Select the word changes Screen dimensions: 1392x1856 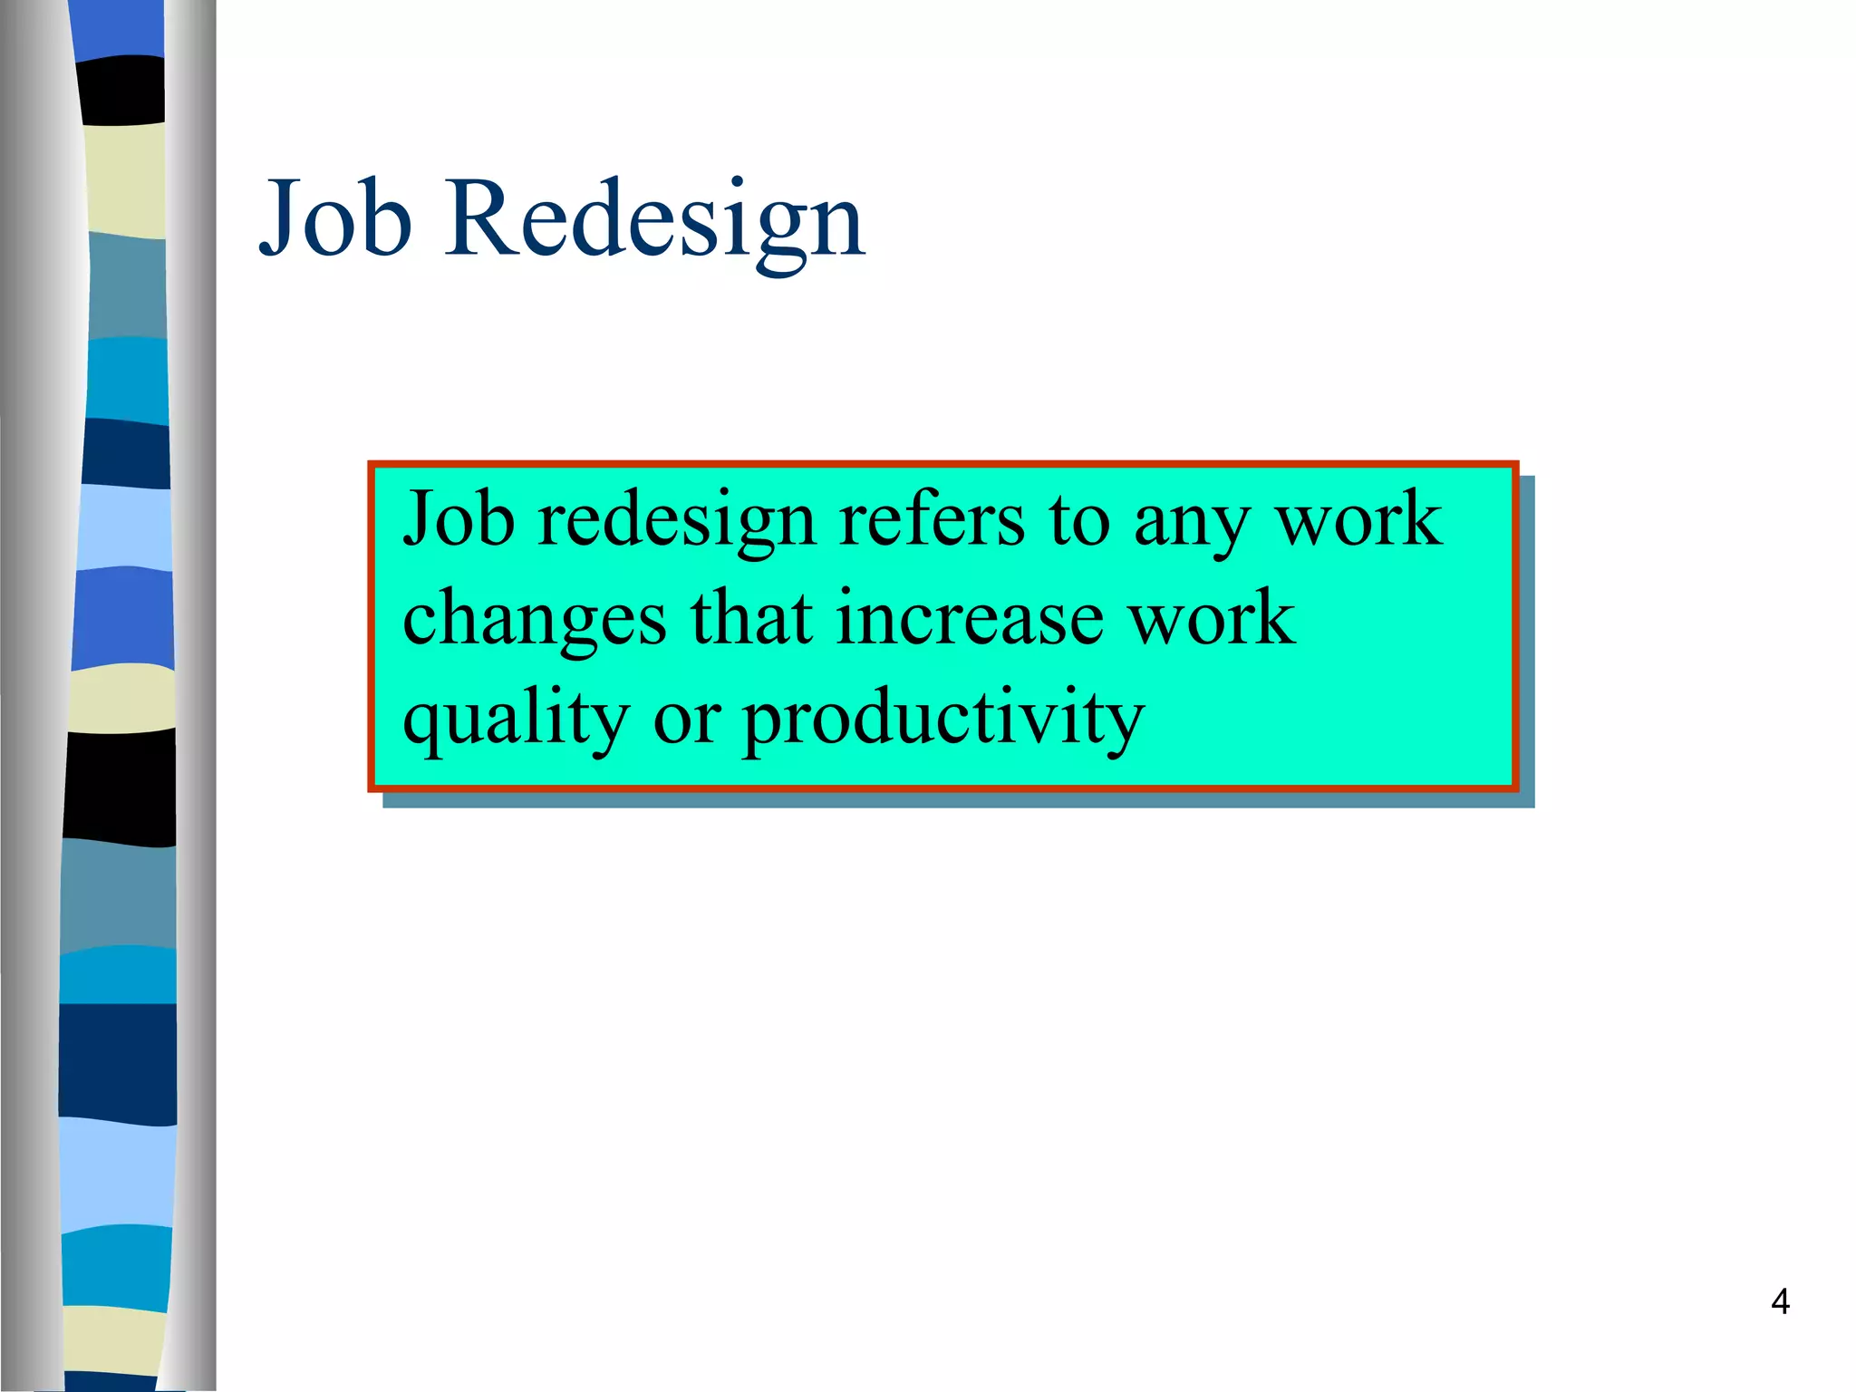coord(535,622)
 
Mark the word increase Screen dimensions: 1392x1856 coord(970,618)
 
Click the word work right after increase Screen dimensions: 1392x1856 coord(1211,618)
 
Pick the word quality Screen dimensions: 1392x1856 coord(516,721)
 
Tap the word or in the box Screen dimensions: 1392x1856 coord(686,720)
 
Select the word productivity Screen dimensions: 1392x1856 coord(943,721)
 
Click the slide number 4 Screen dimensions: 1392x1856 coord(1780,1301)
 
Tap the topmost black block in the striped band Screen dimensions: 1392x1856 coord(121,91)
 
